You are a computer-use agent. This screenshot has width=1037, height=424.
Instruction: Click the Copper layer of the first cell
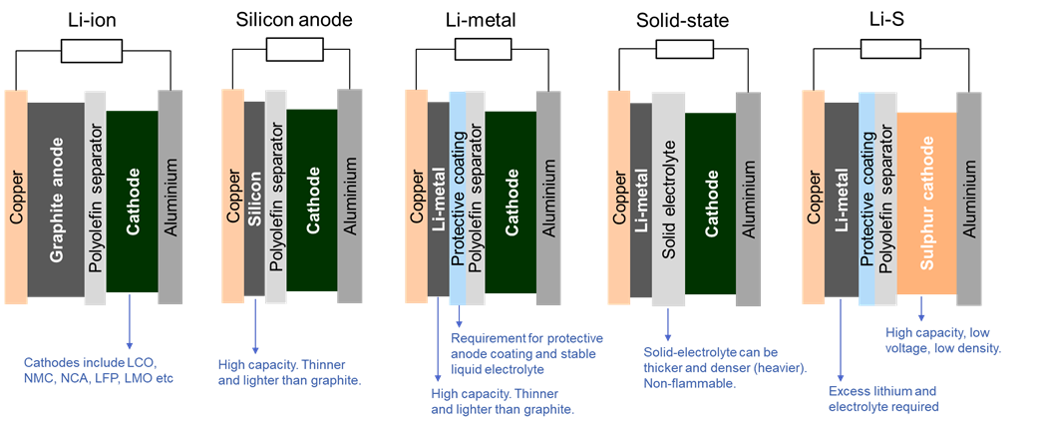pos(16,196)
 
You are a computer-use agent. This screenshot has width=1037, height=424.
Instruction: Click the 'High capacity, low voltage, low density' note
pos(943,340)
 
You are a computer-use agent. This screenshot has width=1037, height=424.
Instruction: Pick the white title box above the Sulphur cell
pos(890,50)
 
